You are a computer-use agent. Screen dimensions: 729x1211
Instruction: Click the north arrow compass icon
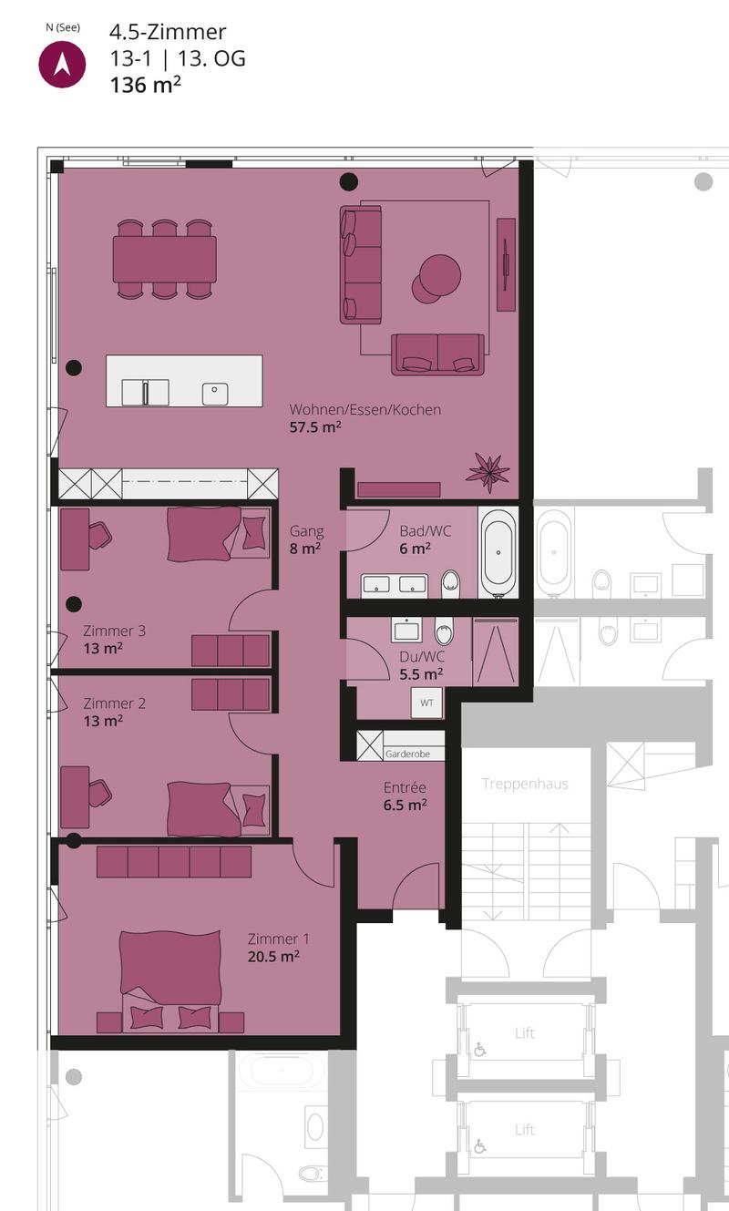(x=62, y=65)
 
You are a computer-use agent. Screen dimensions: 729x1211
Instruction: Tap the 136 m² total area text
(x=145, y=85)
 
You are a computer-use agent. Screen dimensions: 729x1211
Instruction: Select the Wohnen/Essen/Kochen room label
(x=365, y=410)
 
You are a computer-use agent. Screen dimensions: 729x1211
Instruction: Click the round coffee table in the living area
(x=436, y=279)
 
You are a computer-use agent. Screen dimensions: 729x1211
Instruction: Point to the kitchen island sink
(x=215, y=394)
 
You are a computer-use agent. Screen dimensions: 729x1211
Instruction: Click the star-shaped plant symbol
(x=488, y=473)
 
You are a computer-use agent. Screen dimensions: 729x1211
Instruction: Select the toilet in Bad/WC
(x=450, y=583)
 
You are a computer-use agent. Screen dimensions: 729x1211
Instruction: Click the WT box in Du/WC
(x=426, y=703)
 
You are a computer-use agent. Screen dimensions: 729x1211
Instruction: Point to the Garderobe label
(x=407, y=754)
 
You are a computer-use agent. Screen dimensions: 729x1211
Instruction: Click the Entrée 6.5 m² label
(x=406, y=795)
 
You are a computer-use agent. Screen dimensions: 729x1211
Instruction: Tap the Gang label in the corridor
(x=306, y=531)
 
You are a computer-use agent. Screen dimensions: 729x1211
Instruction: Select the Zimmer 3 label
(x=114, y=631)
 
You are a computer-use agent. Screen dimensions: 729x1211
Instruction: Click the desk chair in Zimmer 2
(x=100, y=793)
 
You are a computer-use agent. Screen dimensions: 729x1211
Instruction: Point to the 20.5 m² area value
(x=273, y=957)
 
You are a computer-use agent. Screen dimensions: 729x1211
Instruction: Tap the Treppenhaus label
(x=525, y=784)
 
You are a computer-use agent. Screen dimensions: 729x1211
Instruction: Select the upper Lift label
(x=525, y=1033)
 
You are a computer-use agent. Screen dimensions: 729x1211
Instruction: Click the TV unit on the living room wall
(x=506, y=264)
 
